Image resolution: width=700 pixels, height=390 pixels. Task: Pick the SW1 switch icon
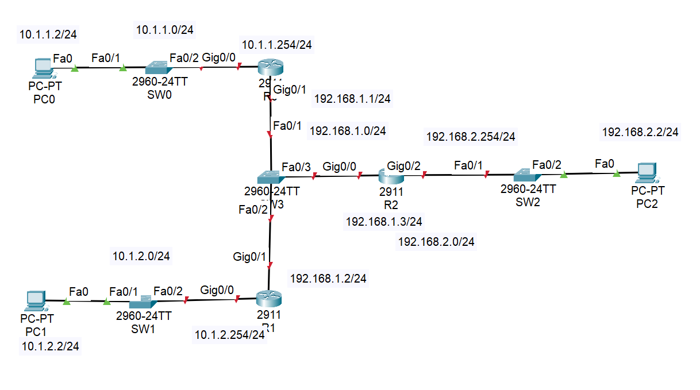click(x=141, y=302)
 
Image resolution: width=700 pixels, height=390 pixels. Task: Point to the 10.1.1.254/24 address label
click(x=277, y=45)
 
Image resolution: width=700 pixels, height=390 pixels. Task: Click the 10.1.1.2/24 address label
click(x=48, y=34)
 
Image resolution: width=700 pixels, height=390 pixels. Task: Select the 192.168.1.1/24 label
click(x=352, y=99)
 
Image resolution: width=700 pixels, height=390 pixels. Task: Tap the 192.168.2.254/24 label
click(x=471, y=137)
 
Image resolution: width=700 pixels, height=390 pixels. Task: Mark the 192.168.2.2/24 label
click(x=640, y=132)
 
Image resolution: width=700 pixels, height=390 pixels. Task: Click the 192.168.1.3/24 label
click(x=384, y=221)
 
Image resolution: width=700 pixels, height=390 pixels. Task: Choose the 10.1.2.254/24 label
click(x=230, y=335)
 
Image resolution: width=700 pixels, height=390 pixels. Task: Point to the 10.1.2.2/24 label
click(x=50, y=346)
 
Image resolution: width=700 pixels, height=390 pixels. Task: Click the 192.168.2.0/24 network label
click(x=436, y=242)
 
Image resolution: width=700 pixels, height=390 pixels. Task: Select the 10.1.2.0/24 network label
click(x=141, y=256)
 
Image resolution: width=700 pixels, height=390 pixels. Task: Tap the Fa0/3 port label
click(x=296, y=167)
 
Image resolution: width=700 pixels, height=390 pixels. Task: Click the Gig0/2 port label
click(x=403, y=166)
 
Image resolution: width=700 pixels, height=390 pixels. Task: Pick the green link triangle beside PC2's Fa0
click(x=616, y=173)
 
